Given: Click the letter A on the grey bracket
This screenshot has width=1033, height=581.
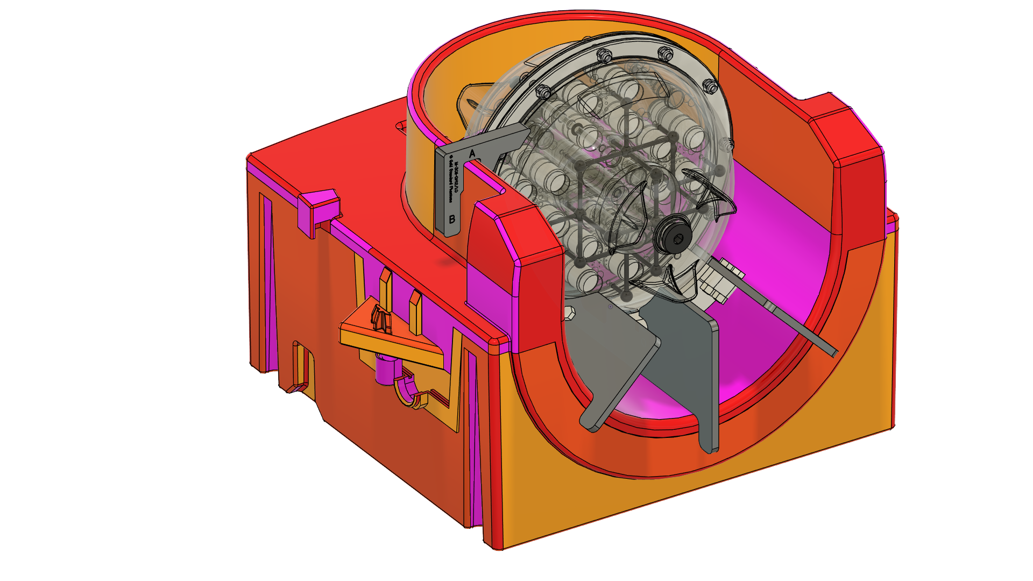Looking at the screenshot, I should click(472, 154).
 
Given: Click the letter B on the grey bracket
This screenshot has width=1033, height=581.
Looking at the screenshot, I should click(452, 219).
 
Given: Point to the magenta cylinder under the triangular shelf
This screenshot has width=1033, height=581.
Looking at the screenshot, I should click(385, 371).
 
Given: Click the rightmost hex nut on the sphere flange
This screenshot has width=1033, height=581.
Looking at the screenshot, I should click(710, 86).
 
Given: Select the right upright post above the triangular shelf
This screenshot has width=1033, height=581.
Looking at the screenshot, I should click(415, 312).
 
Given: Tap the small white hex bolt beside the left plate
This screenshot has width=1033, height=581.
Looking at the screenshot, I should click(570, 313).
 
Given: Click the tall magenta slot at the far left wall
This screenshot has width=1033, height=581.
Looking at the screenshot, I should click(266, 280).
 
